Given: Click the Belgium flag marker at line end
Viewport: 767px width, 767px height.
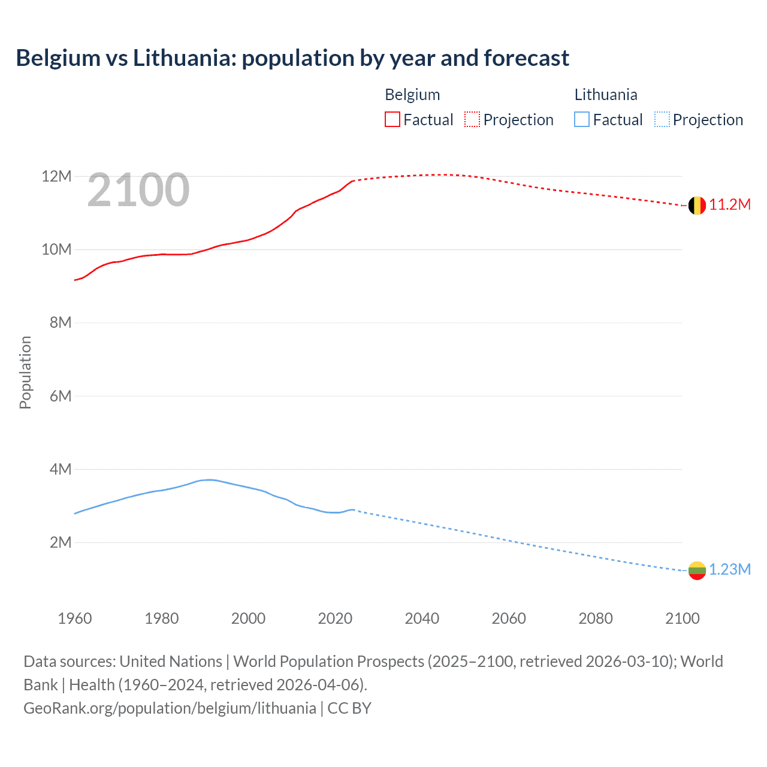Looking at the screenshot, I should pos(697,206).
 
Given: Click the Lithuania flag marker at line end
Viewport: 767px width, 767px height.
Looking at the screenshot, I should pos(697,570).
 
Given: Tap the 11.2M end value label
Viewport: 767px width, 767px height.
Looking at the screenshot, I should pos(730,205).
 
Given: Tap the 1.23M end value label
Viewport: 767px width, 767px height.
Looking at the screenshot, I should pos(730,570).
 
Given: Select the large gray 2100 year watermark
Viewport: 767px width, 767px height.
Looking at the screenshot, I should pos(138,190).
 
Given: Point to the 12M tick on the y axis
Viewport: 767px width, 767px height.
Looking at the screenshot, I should pos(56,177).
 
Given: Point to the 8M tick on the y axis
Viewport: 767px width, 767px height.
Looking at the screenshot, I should pos(61,323).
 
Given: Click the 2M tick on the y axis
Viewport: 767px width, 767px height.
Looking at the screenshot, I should pos(61,543).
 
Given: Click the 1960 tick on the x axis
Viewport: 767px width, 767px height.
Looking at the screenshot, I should pos(75,618).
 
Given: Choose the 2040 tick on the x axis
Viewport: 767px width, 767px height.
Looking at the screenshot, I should pos(422,618).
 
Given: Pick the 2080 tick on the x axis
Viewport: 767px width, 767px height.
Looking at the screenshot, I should pos(596,618).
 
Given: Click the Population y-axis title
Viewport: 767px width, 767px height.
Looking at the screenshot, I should pos(25,372).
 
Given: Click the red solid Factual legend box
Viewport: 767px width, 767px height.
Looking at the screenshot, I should pos(392,120).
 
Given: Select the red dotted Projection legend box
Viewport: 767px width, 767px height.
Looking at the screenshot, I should pos(472,120).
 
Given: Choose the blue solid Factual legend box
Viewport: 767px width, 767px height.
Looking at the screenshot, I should pos(582,120).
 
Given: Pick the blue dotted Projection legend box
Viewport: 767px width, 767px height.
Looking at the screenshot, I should pos(662,120).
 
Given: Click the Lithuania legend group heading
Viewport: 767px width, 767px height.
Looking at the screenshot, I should pos(606,95).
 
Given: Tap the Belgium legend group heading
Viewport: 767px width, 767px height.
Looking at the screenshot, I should pos(412,95).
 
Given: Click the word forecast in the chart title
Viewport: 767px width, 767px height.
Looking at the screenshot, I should pos(526,58).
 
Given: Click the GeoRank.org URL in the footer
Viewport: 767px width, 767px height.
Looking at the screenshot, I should pos(170,708).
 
